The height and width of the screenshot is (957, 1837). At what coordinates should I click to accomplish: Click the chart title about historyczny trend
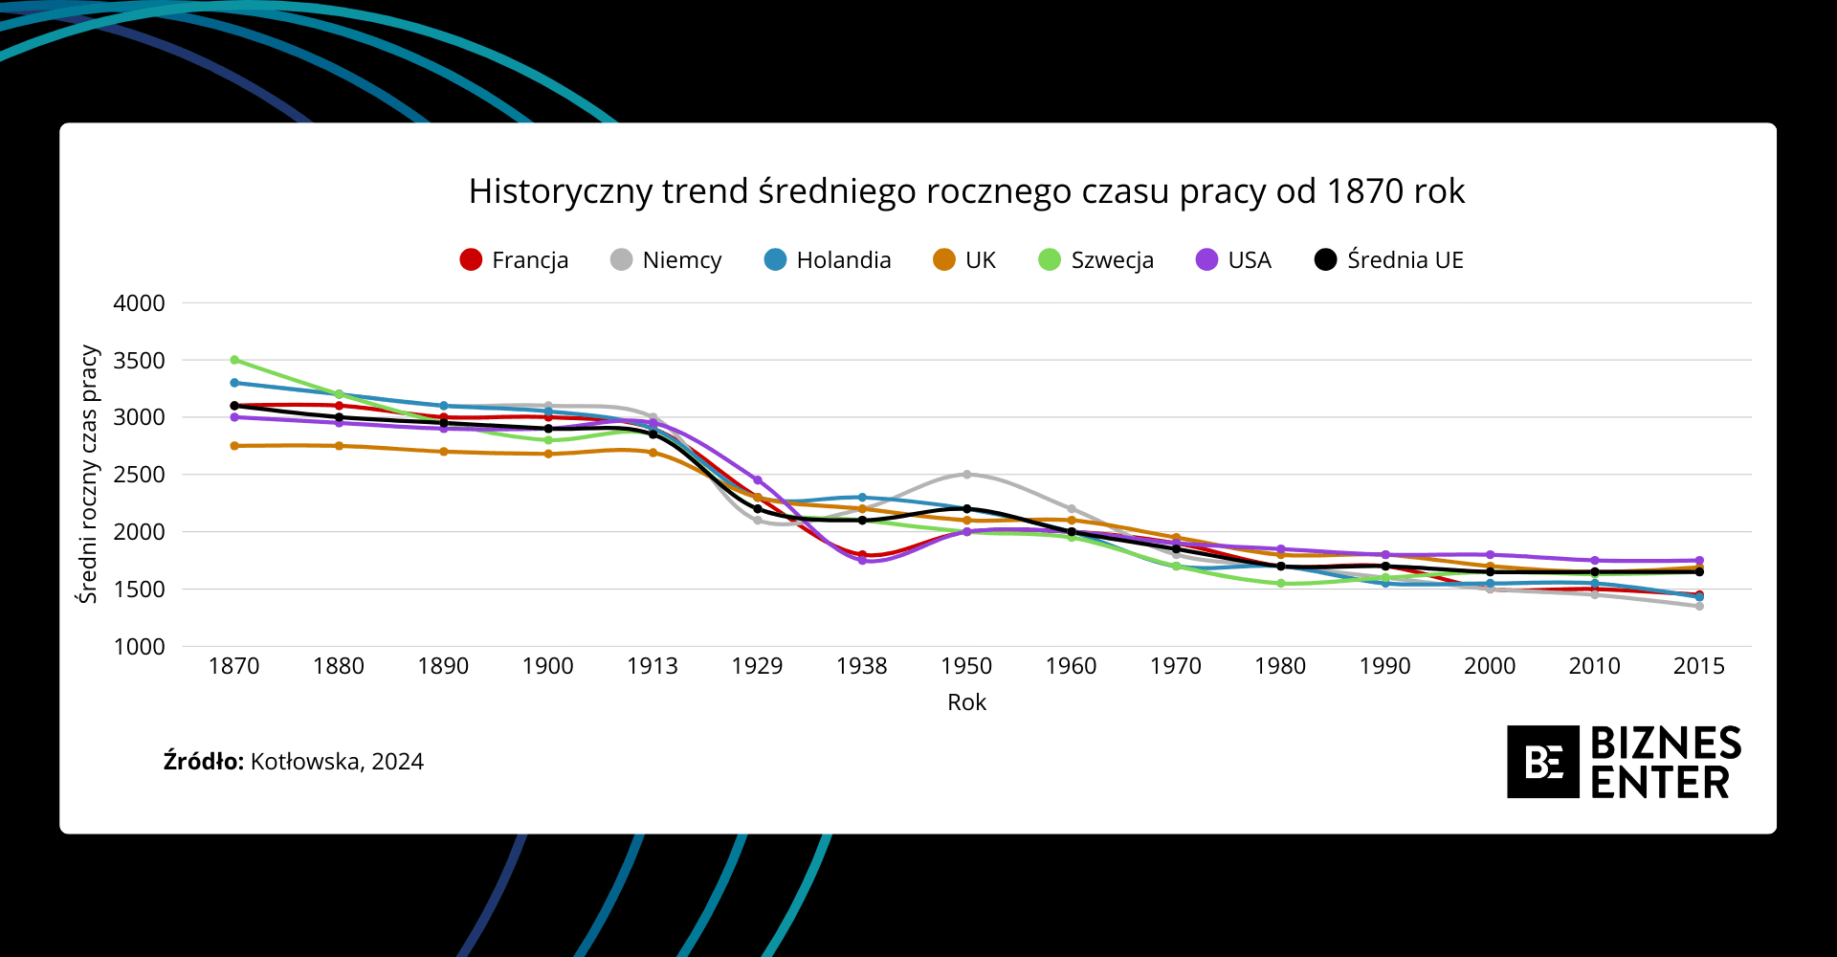[966, 191]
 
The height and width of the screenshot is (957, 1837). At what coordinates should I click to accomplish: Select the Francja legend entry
[514, 260]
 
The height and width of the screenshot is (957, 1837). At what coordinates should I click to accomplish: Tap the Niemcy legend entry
[666, 260]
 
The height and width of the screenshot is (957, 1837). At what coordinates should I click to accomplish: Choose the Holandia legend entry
[828, 260]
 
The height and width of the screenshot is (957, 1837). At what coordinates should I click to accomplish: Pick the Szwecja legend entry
[1096, 260]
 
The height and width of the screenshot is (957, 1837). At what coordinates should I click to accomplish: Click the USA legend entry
[1233, 260]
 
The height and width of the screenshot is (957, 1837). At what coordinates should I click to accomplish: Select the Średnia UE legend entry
[1389, 260]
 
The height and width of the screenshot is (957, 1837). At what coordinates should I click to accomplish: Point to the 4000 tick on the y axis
[140, 303]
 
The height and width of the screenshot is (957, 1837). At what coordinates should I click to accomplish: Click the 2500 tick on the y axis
[140, 475]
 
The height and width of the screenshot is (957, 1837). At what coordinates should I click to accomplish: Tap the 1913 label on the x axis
[653, 666]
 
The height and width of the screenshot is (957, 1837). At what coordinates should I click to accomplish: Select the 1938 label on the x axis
[862, 666]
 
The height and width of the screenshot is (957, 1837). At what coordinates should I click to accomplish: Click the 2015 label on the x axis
[1699, 666]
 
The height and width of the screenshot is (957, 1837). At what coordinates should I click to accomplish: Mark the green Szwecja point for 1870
[234, 360]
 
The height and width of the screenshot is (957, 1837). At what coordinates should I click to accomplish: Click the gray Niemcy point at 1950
[966, 474]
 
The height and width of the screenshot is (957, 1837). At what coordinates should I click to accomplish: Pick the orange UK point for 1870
[234, 446]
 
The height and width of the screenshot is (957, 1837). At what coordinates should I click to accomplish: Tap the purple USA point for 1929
[758, 480]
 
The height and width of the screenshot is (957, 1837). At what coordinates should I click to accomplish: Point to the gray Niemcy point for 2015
[1699, 606]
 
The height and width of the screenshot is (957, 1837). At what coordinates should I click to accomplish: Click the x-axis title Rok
[966, 702]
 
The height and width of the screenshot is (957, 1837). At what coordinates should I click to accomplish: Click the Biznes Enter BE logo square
[1542, 762]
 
